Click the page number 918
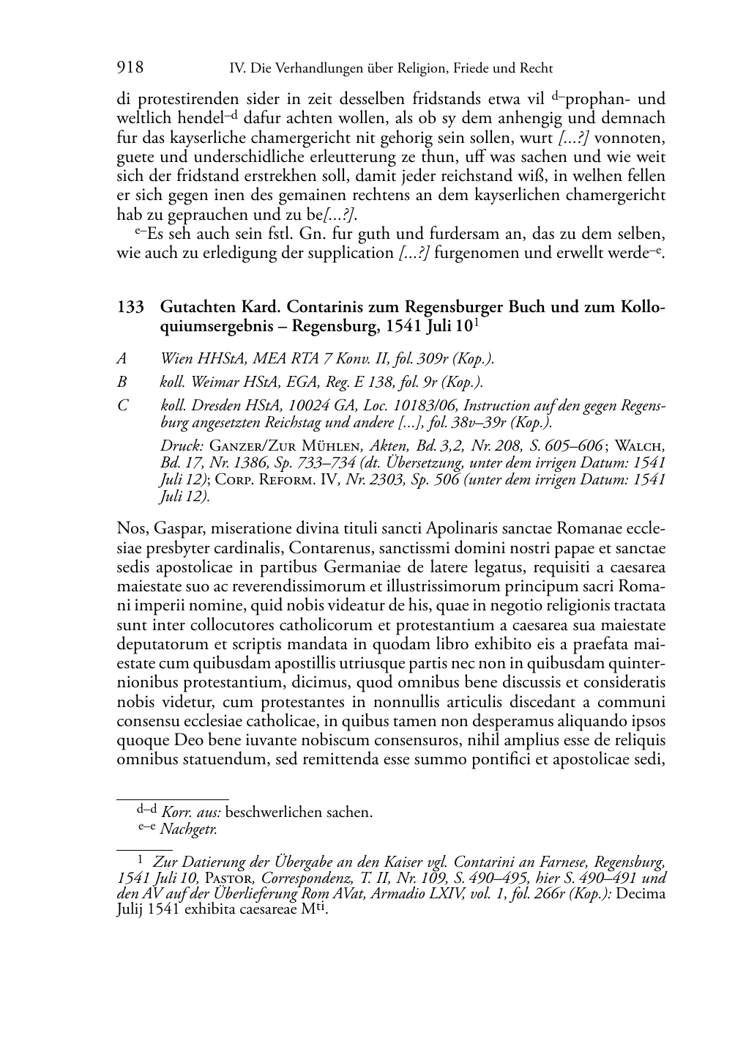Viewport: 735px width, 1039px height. (x=130, y=68)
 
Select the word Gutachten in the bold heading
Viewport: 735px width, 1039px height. (x=195, y=306)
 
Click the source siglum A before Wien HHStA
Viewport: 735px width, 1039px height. (x=122, y=359)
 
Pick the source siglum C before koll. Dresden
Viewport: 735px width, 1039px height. (x=122, y=406)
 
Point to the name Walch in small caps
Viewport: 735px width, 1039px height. (x=640, y=445)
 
